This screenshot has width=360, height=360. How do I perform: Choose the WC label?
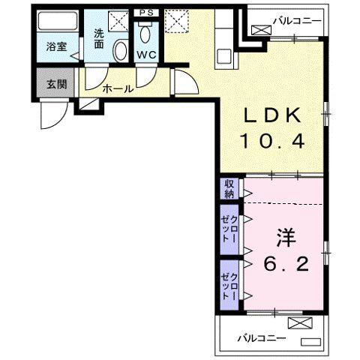pos(145,54)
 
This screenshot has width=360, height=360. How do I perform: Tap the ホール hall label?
pos(118,89)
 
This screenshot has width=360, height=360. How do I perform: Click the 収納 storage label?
pos(228,187)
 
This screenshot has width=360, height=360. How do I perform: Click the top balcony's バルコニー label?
pos(299,16)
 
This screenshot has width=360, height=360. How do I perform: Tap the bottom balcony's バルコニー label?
pos(262,338)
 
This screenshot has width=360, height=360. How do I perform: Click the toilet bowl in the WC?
pos(145,34)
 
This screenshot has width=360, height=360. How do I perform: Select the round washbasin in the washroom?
pos(119,50)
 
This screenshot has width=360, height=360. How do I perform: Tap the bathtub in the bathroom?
pos(57,22)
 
